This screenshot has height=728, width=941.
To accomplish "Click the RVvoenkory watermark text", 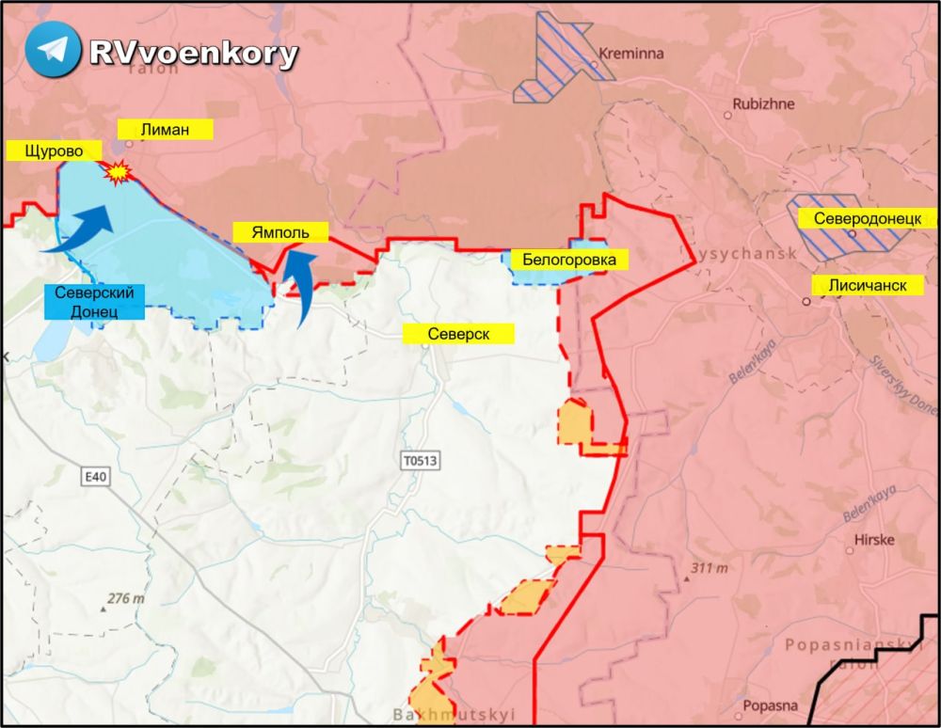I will [x=193, y=54].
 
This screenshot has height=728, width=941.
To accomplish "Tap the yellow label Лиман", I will [x=165, y=130].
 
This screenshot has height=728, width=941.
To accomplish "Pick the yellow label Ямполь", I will [x=279, y=232].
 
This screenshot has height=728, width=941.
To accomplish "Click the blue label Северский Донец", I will [x=92, y=301].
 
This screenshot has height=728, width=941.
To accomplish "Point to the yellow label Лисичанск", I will [x=868, y=285].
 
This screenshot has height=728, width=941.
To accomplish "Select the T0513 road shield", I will [x=420, y=461].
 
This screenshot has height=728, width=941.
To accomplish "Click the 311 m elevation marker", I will [x=709, y=568].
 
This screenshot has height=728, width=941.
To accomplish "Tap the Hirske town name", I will [x=874, y=540].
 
